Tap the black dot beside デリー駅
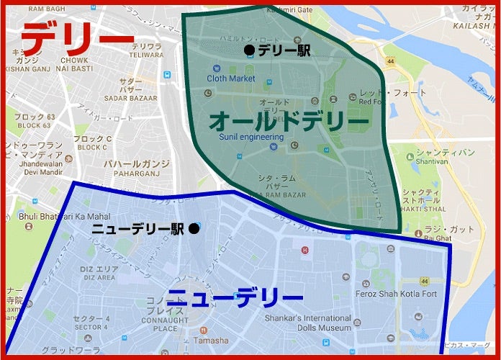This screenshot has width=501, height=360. coord(249,50)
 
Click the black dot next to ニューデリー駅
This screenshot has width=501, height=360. coord(194,229)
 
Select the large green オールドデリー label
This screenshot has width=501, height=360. coord(289,120)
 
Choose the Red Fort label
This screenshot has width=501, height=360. coord(371,102)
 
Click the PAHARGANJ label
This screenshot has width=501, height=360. coord(136,174)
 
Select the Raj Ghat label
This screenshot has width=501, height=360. coord(437,238)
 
